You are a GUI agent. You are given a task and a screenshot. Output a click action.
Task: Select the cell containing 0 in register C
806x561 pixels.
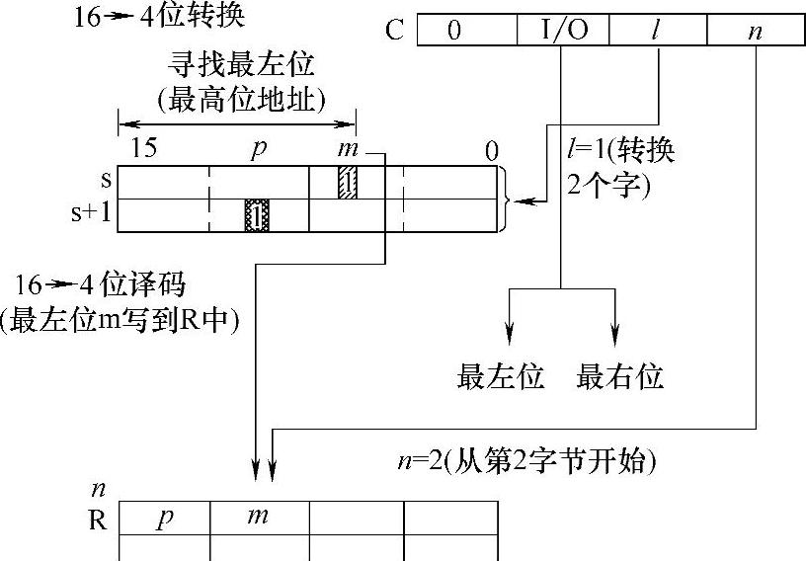click(x=454, y=31)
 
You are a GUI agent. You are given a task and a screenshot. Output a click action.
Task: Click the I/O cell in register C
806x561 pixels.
click(x=563, y=31)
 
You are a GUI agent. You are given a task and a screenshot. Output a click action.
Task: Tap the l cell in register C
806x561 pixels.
click(x=656, y=31)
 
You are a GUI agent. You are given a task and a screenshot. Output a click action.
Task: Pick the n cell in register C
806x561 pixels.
click(x=755, y=31)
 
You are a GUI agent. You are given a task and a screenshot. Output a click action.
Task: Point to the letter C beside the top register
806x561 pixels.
click(x=395, y=31)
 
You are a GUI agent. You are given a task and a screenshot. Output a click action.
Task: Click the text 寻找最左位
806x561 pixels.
click(x=241, y=66)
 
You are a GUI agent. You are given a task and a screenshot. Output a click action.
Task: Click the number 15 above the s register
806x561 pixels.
click(x=144, y=150)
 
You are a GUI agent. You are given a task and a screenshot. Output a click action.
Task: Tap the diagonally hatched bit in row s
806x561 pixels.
click(x=348, y=182)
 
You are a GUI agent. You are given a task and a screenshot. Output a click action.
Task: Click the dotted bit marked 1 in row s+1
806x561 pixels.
click(x=257, y=215)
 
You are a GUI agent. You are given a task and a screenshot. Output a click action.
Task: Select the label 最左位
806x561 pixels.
click(x=501, y=376)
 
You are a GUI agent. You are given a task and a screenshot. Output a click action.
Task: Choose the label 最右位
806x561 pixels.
click(x=619, y=376)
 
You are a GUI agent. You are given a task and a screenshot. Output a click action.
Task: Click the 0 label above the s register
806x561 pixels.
click(x=491, y=150)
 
